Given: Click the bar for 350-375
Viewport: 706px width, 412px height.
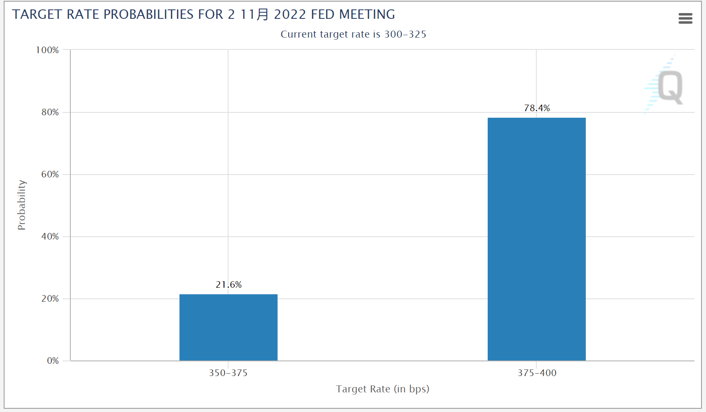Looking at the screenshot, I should [228, 327].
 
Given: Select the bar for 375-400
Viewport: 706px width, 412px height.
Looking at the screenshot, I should [536, 239].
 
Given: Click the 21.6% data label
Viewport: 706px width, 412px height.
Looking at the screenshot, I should [229, 284].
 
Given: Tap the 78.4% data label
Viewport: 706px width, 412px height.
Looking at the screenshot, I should [537, 108].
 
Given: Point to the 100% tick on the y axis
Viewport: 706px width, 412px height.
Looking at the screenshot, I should [47, 50].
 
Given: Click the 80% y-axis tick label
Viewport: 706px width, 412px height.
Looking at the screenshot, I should [50, 112].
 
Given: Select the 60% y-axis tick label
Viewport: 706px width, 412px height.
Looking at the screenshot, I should [50, 174].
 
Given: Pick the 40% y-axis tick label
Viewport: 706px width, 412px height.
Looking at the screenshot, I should [50, 236].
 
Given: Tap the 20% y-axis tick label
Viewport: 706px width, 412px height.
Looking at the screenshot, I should [50, 298].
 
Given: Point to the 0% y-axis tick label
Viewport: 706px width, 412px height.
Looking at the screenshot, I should [53, 360].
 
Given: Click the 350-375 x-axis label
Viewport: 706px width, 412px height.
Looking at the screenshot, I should [228, 373].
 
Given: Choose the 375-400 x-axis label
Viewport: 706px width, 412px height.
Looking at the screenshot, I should [537, 373].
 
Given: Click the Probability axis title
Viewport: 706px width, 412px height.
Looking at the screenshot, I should [22, 205].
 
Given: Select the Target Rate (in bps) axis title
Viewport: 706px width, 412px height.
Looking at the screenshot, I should [382, 389].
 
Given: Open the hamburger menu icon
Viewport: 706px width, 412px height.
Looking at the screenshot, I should [685, 18].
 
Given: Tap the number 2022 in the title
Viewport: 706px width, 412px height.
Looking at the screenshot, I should [290, 14].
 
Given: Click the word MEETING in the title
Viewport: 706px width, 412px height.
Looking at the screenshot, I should [367, 14].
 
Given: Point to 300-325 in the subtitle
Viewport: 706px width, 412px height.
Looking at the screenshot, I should [405, 34].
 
